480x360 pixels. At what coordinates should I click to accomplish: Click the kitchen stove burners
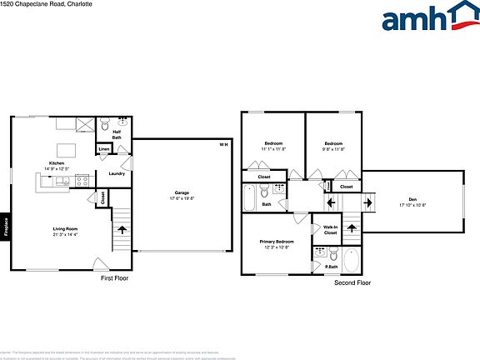point(82,179)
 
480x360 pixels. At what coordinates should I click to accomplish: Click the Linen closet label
point(103,151)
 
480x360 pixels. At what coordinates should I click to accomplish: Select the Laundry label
point(117,173)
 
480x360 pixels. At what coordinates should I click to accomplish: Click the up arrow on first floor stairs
point(122,227)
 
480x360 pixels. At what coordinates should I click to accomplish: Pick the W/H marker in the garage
point(222,145)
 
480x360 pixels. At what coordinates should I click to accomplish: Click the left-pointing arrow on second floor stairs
point(331,202)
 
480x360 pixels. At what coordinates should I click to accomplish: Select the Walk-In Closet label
point(330,231)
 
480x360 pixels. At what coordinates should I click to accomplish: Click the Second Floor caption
point(352,282)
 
